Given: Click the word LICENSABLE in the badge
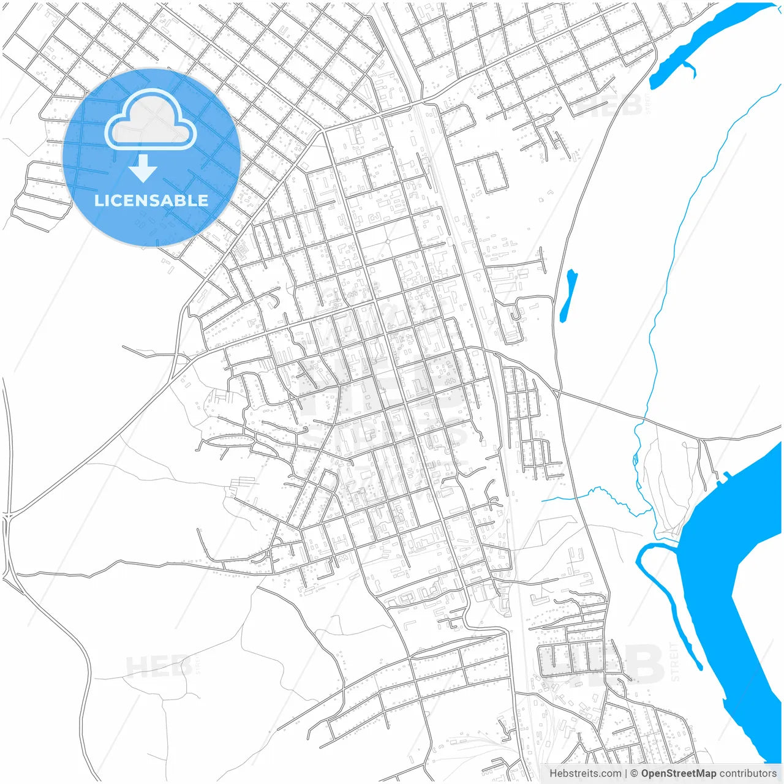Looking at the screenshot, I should pyautogui.click(x=151, y=200).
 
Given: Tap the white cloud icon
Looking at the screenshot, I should pyautogui.click(x=151, y=121).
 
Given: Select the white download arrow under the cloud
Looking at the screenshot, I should pyautogui.click(x=143, y=168).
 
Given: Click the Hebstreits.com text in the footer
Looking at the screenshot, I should pyautogui.click(x=585, y=774).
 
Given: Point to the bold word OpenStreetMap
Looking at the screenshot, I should pyautogui.click(x=678, y=774).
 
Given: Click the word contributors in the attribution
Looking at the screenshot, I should pyautogui.click(x=747, y=774).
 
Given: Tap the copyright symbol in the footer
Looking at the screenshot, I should pyautogui.click(x=635, y=774).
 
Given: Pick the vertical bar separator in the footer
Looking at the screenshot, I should pyautogui.click(x=626, y=774).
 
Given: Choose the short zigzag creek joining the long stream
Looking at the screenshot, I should pyautogui.click(x=594, y=495).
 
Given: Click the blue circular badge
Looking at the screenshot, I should pyautogui.click(x=151, y=157).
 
